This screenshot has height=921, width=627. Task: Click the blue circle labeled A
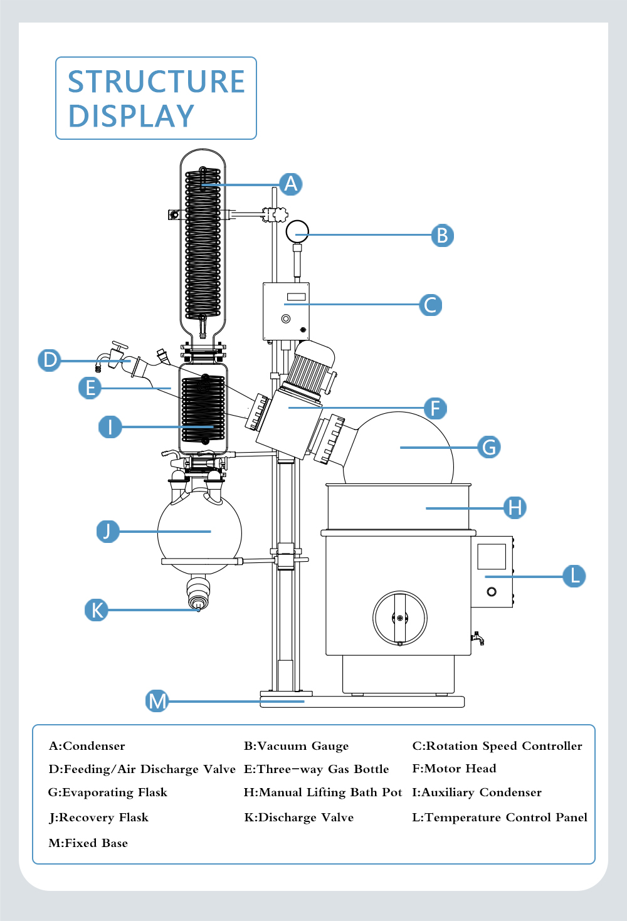[291, 184]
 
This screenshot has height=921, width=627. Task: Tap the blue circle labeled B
[443, 236]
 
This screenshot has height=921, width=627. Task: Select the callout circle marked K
[96, 610]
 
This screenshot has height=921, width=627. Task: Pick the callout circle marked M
[157, 701]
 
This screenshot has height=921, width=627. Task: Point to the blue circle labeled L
[574, 576]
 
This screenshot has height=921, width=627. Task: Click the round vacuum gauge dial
[297, 232]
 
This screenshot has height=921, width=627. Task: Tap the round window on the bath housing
[399, 618]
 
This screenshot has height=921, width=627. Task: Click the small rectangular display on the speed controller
[296, 297]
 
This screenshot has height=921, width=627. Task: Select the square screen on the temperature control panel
[492, 556]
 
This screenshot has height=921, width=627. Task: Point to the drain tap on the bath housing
[477, 638]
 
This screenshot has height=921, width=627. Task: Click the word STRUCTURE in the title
[156, 82]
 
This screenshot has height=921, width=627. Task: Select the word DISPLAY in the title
[131, 116]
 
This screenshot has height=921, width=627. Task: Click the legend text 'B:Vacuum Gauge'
[296, 746]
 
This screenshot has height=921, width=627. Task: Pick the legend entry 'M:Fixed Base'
[88, 843]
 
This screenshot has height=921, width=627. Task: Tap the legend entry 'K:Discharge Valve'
[299, 818]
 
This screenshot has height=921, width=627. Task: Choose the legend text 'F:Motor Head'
[454, 769]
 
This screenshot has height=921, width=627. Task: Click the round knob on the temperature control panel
[492, 592]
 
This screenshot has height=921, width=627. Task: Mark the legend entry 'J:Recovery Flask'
[98, 818]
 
